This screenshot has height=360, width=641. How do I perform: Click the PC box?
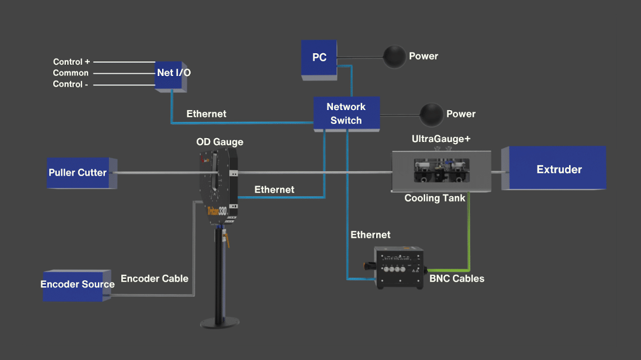point(319,58)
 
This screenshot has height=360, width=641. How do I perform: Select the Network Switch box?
point(346,113)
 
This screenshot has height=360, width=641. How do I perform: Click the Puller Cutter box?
point(78,172)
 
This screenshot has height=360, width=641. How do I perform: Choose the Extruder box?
point(558,169)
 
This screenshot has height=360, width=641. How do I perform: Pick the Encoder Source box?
point(77,285)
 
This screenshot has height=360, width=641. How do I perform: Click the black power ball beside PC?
point(394,56)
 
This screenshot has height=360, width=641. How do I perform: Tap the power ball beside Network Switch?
point(431,114)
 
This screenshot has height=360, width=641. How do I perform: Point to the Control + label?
point(72,62)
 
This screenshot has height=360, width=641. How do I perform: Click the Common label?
point(70,73)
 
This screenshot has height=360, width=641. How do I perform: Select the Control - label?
point(72,84)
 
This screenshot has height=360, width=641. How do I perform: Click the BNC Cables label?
point(457,278)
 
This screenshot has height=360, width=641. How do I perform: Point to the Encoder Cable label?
point(154,278)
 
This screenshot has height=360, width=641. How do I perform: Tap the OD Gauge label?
point(220,142)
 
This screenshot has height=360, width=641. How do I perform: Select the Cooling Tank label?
point(435,198)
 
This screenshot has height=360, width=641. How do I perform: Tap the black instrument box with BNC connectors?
point(399,267)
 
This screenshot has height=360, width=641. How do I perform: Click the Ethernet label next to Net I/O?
point(206,114)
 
